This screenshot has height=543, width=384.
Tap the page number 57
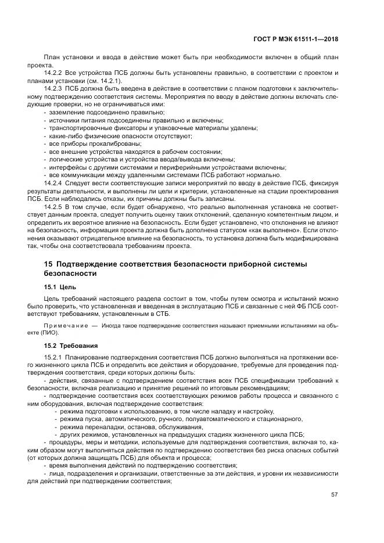coord(334,495)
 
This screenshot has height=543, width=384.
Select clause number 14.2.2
coord(53,73)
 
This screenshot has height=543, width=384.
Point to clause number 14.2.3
coord(53,88)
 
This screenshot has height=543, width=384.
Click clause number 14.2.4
coord(53,183)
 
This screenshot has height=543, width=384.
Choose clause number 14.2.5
coord(53,206)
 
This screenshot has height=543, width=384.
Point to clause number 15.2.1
coord(53,356)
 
